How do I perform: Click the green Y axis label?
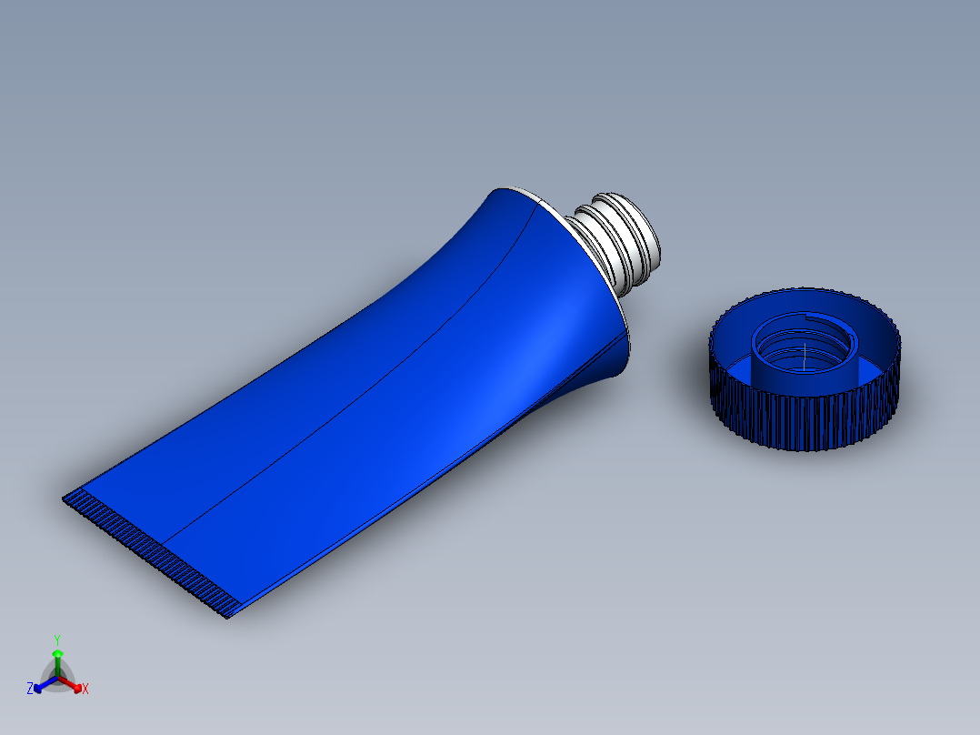click(57, 639)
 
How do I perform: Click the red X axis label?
click(85, 690)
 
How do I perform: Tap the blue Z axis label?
click(30, 690)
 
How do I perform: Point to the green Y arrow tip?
click(57, 653)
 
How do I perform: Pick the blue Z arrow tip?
click(38, 687)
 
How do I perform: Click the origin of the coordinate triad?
click(57, 679)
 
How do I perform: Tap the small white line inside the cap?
click(805, 349)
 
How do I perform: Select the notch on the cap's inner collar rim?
click(809, 317)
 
